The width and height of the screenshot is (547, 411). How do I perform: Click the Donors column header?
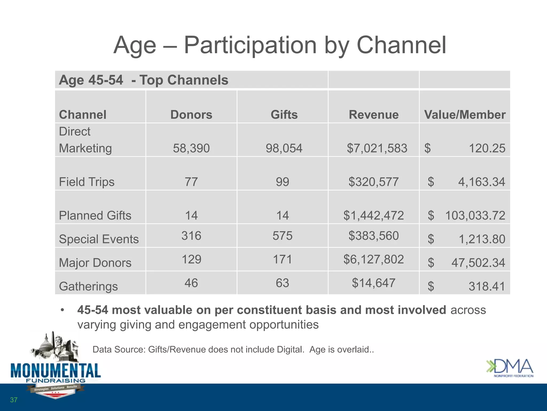coord(191,115)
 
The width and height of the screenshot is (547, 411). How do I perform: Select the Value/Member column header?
coord(465,115)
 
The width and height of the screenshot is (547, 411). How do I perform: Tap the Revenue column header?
coord(373,115)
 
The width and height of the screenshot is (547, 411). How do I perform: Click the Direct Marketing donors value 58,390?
coord(191,148)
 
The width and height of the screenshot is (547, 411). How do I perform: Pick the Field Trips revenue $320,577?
coord(373,182)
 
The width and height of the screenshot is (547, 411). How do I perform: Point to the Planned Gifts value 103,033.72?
coord(475,215)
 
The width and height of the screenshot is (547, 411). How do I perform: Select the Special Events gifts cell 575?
coord(283,236)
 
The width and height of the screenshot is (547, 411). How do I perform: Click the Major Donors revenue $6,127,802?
coord(373,259)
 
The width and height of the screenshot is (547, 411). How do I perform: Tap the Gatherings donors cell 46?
coord(191,283)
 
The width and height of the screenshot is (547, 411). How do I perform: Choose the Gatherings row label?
coord(88,286)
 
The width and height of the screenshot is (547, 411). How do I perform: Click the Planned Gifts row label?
coord(95,215)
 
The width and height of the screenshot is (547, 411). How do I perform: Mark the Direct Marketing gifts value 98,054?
coord(284,148)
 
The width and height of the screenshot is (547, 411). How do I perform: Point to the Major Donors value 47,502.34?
coord(478,263)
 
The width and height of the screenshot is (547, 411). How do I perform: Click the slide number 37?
coord(14,400)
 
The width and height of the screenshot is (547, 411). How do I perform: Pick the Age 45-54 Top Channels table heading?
coord(143,80)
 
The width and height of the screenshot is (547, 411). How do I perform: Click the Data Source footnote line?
coord(233,349)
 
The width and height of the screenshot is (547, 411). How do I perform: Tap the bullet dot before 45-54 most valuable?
coord(62,310)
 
